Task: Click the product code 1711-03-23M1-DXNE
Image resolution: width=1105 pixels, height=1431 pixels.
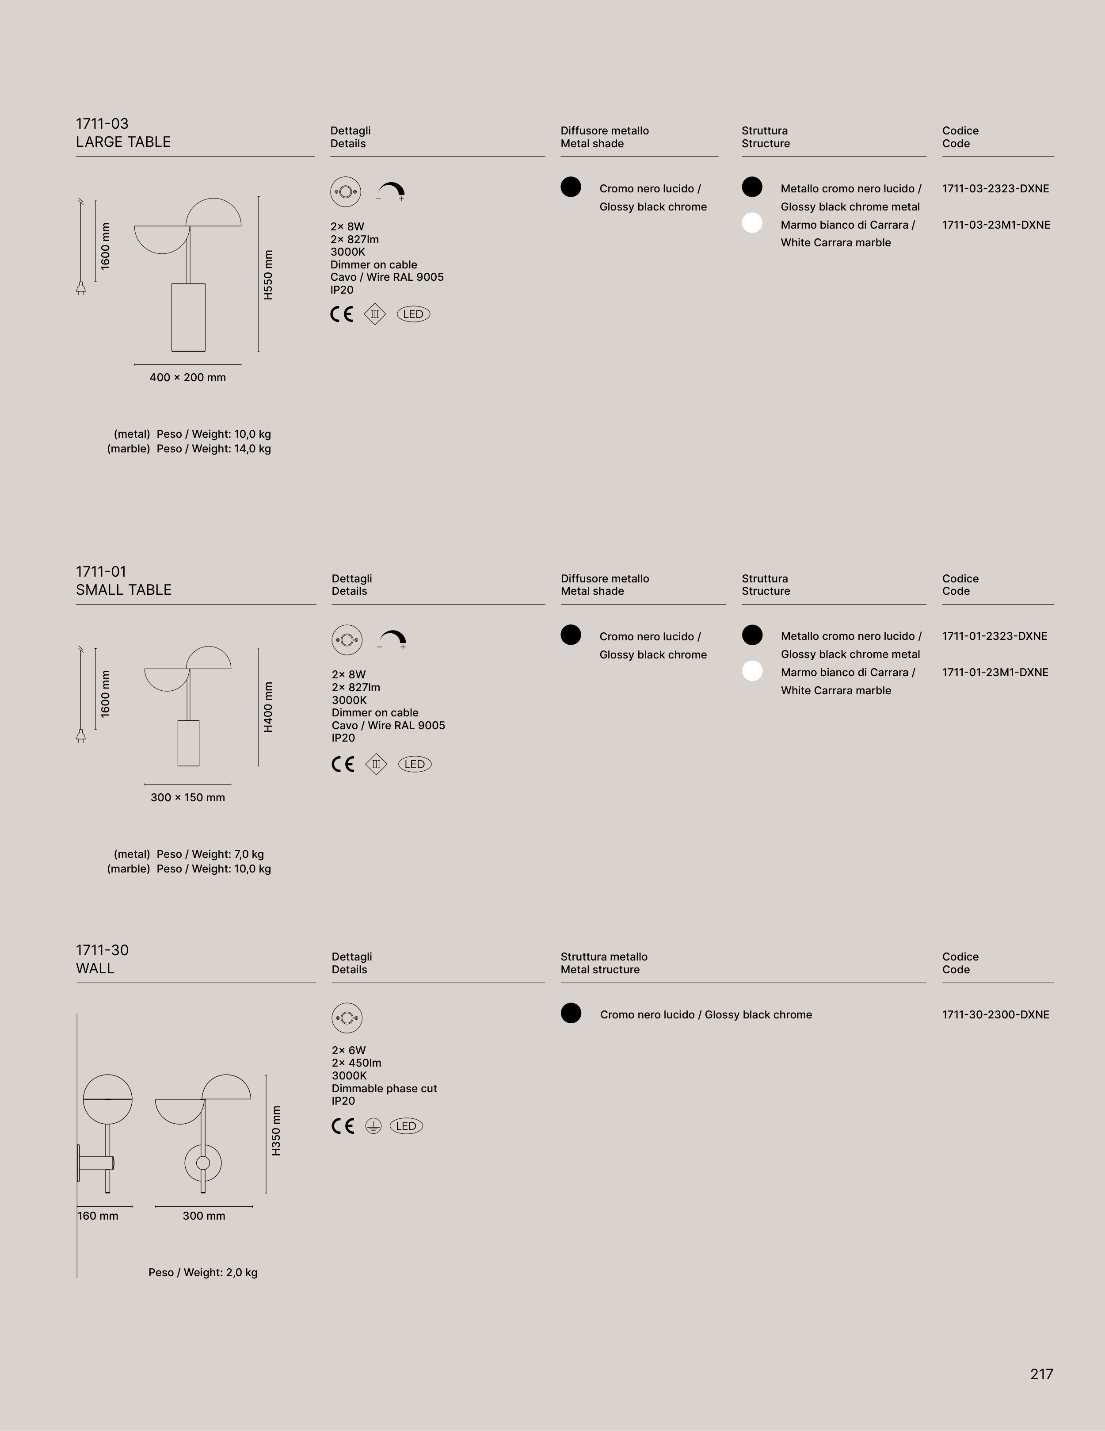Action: point(996,225)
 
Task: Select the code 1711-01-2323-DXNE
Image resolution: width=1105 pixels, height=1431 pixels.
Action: point(994,636)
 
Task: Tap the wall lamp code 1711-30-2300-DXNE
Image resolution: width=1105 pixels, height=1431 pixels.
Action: point(995,1014)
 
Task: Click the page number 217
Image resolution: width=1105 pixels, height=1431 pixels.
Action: point(1041,1374)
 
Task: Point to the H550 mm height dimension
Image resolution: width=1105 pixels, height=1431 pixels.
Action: point(268,275)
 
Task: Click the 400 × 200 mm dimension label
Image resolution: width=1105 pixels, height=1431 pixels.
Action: point(187,377)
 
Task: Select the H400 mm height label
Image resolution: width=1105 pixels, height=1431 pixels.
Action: point(268,707)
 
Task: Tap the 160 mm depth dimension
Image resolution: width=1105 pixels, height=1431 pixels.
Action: point(98,1216)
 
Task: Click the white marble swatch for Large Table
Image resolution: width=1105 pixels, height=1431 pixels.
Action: point(752,223)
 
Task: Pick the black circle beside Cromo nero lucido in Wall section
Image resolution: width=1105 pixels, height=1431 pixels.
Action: point(571,1013)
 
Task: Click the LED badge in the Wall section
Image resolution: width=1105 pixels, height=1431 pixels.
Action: point(406,1126)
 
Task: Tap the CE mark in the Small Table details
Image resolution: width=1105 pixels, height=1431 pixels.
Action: point(343,764)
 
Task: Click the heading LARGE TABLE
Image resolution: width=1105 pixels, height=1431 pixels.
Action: point(123,142)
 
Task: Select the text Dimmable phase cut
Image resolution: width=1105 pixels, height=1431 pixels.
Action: point(384,1088)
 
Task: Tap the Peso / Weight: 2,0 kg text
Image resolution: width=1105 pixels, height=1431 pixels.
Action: point(202,1272)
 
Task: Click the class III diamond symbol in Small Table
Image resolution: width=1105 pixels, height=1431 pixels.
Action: point(376,764)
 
